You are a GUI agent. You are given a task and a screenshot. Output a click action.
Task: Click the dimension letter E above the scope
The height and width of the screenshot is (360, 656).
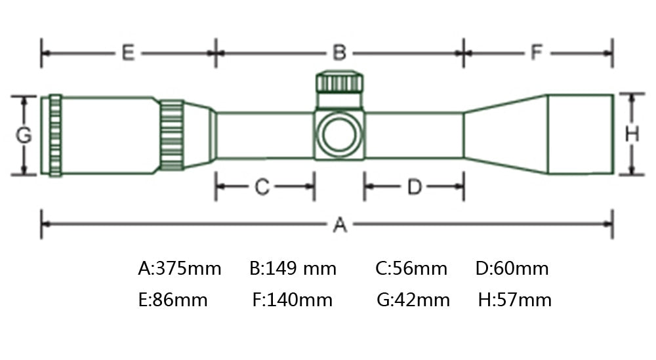(x=128, y=53)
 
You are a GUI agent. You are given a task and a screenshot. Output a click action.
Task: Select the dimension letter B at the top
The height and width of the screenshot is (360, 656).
(x=339, y=53)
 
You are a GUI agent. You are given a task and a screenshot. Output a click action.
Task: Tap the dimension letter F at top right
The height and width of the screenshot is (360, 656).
(x=537, y=52)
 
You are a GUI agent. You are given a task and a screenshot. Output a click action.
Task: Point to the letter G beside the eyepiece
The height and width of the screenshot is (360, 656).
(x=24, y=135)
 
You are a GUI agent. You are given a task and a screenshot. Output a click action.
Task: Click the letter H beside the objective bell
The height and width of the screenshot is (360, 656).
(x=632, y=134)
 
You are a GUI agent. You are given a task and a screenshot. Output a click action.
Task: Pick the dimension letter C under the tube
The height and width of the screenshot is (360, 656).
(x=262, y=186)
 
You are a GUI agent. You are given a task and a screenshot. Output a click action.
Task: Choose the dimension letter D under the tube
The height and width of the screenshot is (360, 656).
(x=415, y=187)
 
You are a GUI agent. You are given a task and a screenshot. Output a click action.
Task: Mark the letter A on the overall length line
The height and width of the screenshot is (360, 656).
(x=340, y=224)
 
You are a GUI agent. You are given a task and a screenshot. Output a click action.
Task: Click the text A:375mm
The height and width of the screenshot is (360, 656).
(x=180, y=268)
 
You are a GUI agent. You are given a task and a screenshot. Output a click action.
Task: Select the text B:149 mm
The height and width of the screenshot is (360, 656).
(x=293, y=268)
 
